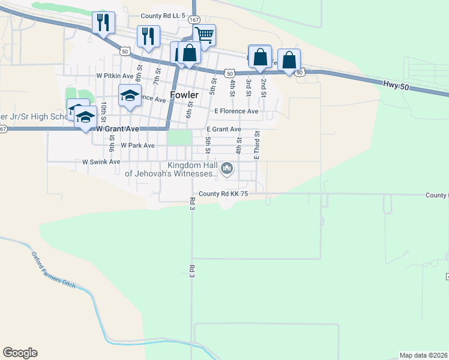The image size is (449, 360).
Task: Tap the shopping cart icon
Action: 204,36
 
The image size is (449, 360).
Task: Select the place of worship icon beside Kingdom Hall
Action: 227,169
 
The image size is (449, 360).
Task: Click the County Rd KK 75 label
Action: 223,194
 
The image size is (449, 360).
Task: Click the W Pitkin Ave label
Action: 115,76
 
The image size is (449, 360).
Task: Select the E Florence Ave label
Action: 236,111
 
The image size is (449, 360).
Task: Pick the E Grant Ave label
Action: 223,129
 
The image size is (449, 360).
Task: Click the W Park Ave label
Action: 137,145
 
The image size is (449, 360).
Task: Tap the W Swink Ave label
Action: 101,162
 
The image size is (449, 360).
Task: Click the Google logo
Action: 20,353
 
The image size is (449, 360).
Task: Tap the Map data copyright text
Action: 424,355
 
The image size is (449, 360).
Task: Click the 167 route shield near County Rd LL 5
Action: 193,20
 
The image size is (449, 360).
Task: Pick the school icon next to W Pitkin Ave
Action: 130,95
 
